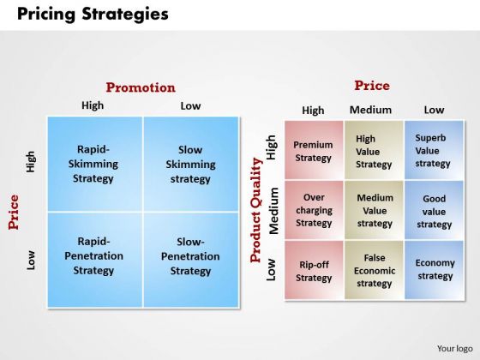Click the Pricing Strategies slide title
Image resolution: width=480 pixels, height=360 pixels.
[x=93, y=14]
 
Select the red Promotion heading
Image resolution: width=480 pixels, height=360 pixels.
[x=141, y=87]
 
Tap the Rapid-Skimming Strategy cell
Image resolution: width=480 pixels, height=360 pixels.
[x=95, y=164]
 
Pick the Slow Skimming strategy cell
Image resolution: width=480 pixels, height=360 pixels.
[x=191, y=164]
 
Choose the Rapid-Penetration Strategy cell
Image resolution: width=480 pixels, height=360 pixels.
[x=95, y=260]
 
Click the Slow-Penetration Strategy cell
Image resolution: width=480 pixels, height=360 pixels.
[x=191, y=260]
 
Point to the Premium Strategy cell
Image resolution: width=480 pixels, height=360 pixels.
[x=314, y=150]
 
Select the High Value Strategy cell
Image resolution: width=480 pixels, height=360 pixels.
[x=374, y=150]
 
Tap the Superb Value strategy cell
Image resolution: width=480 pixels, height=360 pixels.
[x=434, y=150]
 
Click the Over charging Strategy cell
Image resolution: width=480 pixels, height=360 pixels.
[x=314, y=210]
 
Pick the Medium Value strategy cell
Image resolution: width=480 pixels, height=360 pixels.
[x=374, y=210]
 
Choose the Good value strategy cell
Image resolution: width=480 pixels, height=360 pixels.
[x=434, y=210]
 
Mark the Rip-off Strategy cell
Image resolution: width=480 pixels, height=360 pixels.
[x=314, y=270]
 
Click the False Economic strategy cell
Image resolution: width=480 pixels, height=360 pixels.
[x=374, y=270]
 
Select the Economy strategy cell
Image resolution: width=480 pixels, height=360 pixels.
[x=434, y=270]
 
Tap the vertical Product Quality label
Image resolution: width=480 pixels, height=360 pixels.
[x=256, y=210]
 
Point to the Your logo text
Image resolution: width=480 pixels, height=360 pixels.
[x=455, y=349]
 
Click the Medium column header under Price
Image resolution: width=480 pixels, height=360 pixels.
[x=370, y=110]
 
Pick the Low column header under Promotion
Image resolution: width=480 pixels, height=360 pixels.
[x=190, y=106]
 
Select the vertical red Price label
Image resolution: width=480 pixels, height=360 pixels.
[x=14, y=213]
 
